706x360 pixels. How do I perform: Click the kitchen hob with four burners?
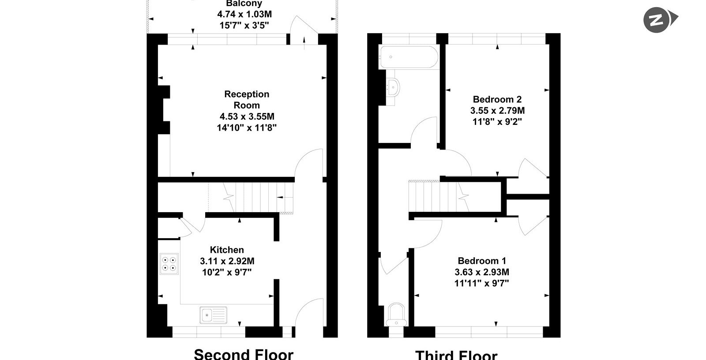(169, 264)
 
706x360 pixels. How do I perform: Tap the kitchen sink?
(214, 315)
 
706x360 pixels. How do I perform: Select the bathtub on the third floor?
(409, 57)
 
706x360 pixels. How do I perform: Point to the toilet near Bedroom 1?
(396, 314)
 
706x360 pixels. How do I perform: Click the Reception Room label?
(247, 100)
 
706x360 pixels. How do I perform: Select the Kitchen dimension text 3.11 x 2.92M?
(227, 261)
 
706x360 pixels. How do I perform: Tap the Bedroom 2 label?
(497, 99)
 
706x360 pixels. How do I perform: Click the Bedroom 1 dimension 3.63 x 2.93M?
(482, 272)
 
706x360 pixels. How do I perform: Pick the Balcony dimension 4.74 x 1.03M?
(244, 14)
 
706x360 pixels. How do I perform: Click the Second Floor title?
(244, 354)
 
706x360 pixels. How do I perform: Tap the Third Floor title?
(456, 355)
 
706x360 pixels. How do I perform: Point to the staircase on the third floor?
(439, 196)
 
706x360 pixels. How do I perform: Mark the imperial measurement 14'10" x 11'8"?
(247, 127)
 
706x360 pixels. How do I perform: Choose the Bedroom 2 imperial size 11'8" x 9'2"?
(497, 122)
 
